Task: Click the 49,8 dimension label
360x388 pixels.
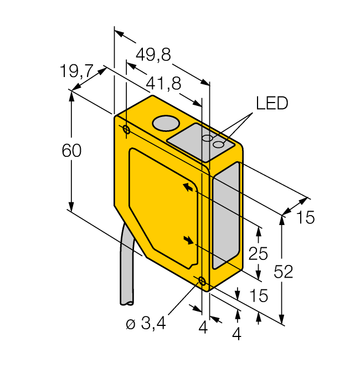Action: point(153,54)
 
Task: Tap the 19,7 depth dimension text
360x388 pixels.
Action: point(76,71)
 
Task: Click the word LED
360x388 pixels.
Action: point(271,104)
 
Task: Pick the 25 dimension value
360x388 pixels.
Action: point(258,254)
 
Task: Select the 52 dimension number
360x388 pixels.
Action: point(283,272)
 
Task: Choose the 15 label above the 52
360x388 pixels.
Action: point(304,218)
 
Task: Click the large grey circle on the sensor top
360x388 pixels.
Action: point(164,123)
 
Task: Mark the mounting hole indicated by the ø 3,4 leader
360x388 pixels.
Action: point(202,281)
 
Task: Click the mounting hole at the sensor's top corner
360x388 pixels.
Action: point(126,130)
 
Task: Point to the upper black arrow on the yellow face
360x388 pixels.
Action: point(189,188)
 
